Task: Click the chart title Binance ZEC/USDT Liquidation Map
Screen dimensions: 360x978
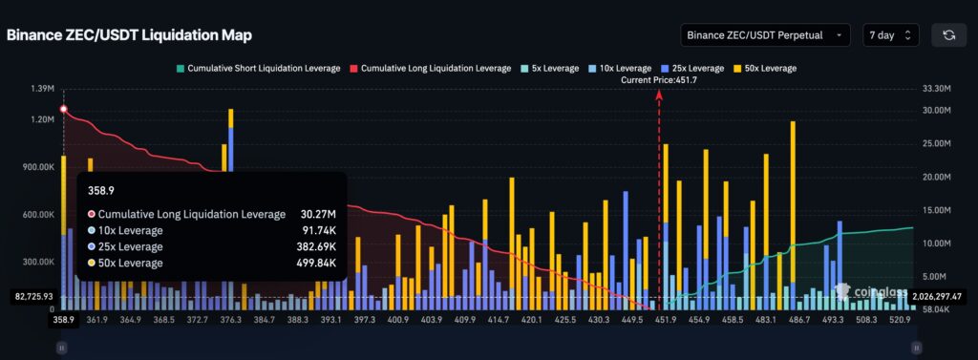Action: [129, 35]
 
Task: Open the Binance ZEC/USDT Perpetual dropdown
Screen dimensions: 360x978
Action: [765, 35]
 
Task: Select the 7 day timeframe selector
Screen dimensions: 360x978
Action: [890, 35]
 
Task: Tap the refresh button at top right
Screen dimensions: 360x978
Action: [948, 35]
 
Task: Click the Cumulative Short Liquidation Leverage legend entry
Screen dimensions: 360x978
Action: [257, 69]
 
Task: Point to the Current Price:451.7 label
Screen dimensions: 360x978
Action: [659, 80]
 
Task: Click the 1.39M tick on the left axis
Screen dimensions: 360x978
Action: [41, 89]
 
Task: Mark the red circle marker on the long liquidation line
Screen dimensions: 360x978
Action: [63, 110]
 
